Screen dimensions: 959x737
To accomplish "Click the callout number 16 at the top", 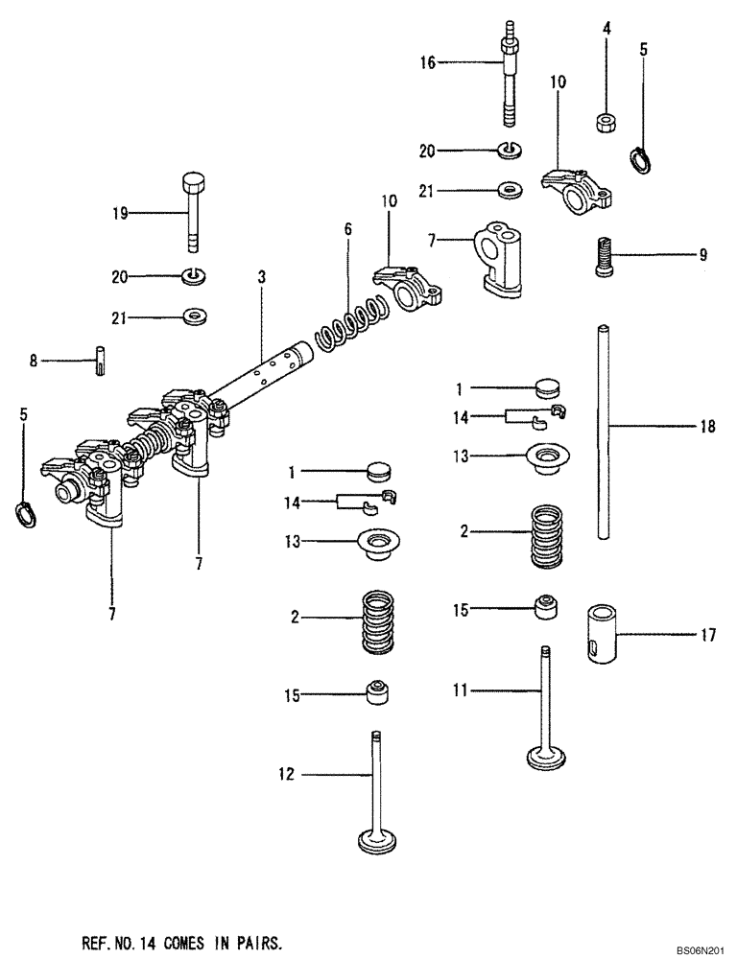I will pyautogui.click(x=426, y=62).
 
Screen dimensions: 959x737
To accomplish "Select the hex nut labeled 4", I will pyautogui.click(x=606, y=122).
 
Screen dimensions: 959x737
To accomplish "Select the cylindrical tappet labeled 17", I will pyautogui.click(x=603, y=632).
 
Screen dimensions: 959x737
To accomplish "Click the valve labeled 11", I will pyautogui.click(x=544, y=710).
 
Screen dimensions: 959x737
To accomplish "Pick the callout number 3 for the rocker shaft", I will pyautogui.click(x=261, y=277).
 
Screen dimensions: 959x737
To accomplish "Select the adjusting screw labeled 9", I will pyautogui.click(x=602, y=256).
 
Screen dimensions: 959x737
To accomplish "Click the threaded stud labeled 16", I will pyautogui.click(x=507, y=77).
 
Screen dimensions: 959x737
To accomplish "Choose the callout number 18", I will pyautogui.click(x=707, y=427).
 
